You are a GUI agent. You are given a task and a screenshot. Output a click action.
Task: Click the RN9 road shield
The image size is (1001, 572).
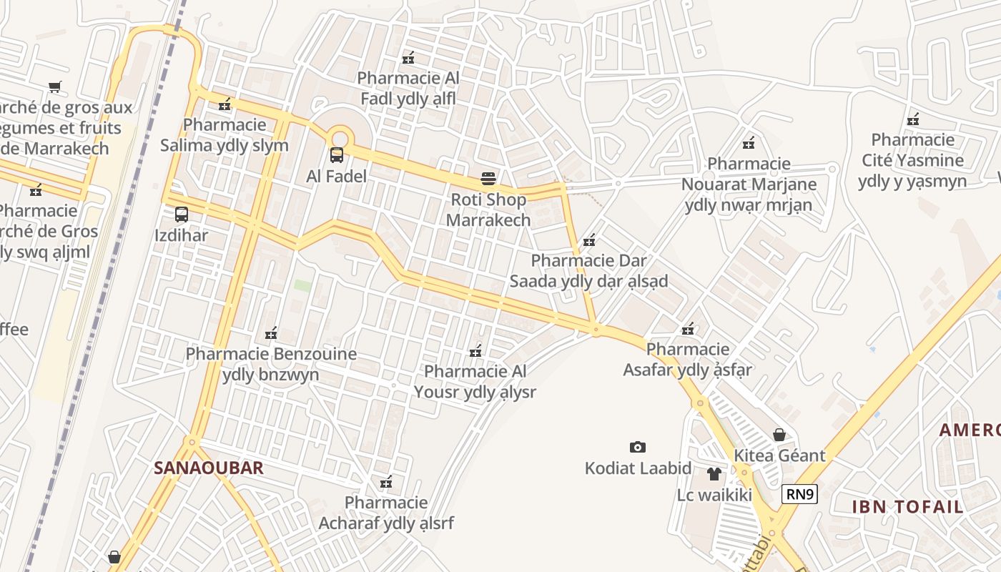tap(799, 494)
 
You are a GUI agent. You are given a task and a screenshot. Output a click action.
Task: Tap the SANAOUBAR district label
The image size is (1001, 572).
tap(209, 468)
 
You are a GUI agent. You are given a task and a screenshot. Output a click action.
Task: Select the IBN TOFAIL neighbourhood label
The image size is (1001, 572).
tap(907, 507)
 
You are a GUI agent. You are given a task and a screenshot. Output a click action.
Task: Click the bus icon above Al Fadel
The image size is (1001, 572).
tap(336, 154)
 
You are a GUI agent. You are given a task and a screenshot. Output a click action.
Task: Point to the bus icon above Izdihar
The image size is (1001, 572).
tap(182, 214)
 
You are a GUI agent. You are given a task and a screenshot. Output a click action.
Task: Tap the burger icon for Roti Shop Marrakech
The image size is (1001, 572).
tap(488, 178)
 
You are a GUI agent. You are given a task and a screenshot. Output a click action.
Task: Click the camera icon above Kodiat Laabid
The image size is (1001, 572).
tap(638, 448)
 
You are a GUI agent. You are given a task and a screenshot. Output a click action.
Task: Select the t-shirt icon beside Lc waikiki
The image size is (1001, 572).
tap(714, 473)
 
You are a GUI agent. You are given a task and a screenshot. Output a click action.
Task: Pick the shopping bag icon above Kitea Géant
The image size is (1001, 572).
tap(779, 435)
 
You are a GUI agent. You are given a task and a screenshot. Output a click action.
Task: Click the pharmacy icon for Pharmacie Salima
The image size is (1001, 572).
tap(225, 105)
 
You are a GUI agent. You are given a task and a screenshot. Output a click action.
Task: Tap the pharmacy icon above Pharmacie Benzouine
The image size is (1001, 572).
tap(271, 333)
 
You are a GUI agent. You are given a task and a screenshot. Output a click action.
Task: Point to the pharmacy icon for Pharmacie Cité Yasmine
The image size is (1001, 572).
tap(912, 119)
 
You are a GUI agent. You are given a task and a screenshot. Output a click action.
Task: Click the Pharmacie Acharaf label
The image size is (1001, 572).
tap(386, 513)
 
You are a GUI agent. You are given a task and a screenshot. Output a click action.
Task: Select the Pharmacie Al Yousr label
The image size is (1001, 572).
tap(475, 382)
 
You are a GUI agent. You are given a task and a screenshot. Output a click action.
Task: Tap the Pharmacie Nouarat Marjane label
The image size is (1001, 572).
tap(749, 184)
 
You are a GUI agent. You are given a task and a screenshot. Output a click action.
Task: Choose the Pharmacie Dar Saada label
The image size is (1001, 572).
tap(588, 271)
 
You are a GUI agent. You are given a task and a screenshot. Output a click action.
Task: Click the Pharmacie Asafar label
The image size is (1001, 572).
tap(688, 360)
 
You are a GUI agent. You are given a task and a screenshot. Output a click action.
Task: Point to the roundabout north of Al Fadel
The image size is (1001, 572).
tap(339, 137)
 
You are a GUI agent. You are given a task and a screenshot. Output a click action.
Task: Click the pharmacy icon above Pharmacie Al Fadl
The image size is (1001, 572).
tap(408, 58)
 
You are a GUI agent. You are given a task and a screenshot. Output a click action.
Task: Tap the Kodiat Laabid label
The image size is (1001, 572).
tap(638, 468)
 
